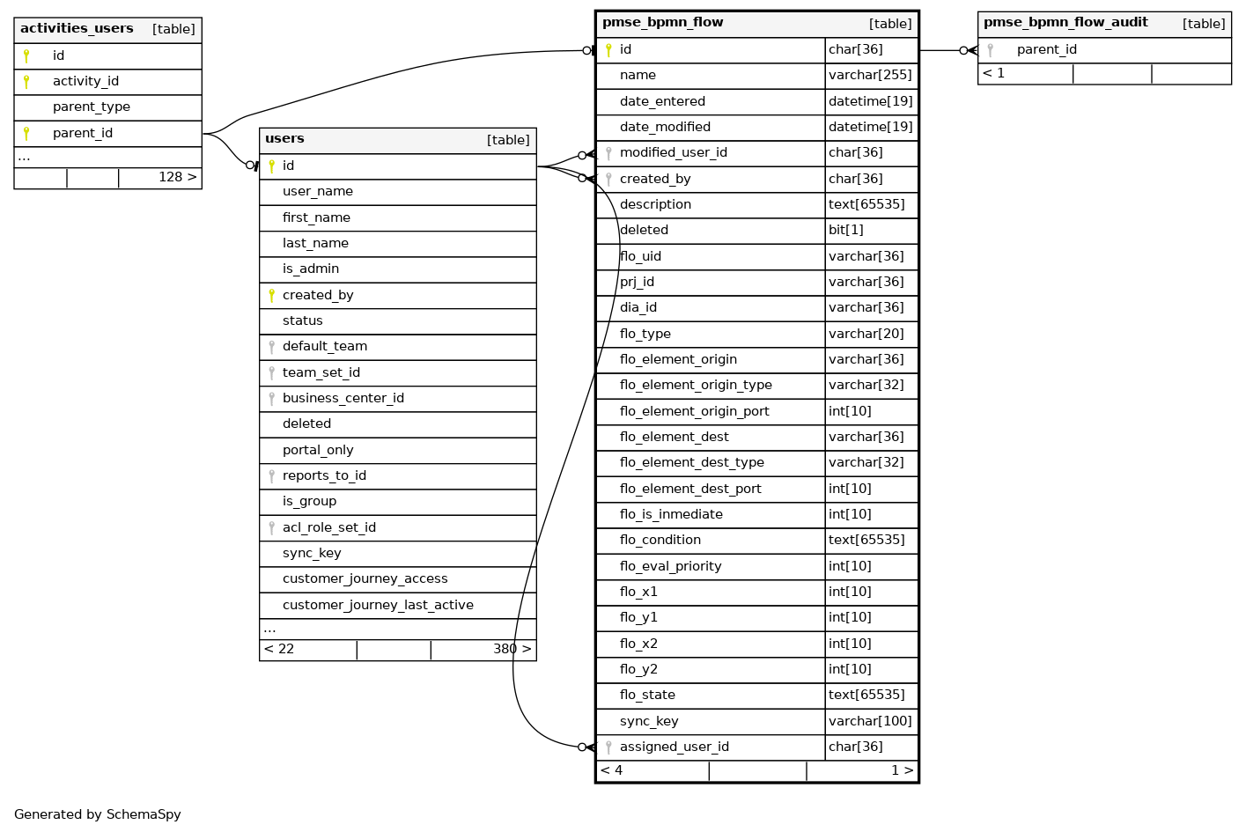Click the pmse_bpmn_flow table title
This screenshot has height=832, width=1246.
[662, 23]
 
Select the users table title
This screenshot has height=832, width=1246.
[284, 139]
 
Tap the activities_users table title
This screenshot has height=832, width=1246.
[77, 29]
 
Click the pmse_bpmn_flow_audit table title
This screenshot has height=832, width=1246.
[1065, 23]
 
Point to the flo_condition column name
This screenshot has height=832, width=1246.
[660, 541]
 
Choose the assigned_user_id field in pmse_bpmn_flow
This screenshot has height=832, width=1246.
[674, 747]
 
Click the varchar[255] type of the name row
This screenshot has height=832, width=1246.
[870, 76]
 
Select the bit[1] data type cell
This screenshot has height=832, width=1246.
[846, 231]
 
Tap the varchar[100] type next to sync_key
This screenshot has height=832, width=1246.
[870, 722]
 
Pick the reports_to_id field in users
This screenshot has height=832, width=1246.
[324, 476]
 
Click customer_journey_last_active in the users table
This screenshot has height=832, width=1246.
[378, 606]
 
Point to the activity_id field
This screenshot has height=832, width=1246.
[85, 82]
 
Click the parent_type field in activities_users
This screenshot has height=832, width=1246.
[92, 107]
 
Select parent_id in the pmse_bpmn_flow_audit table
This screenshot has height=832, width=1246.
[1046, 50]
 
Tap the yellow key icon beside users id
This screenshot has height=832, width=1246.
[271, 166]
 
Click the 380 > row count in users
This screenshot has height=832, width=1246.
[512, 650]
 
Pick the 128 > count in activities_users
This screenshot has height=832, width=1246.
[177, 178]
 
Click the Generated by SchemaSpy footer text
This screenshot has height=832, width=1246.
[98, 815]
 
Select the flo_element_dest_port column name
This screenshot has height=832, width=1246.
[690, 490]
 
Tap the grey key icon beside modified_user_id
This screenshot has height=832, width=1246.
[608, 153]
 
